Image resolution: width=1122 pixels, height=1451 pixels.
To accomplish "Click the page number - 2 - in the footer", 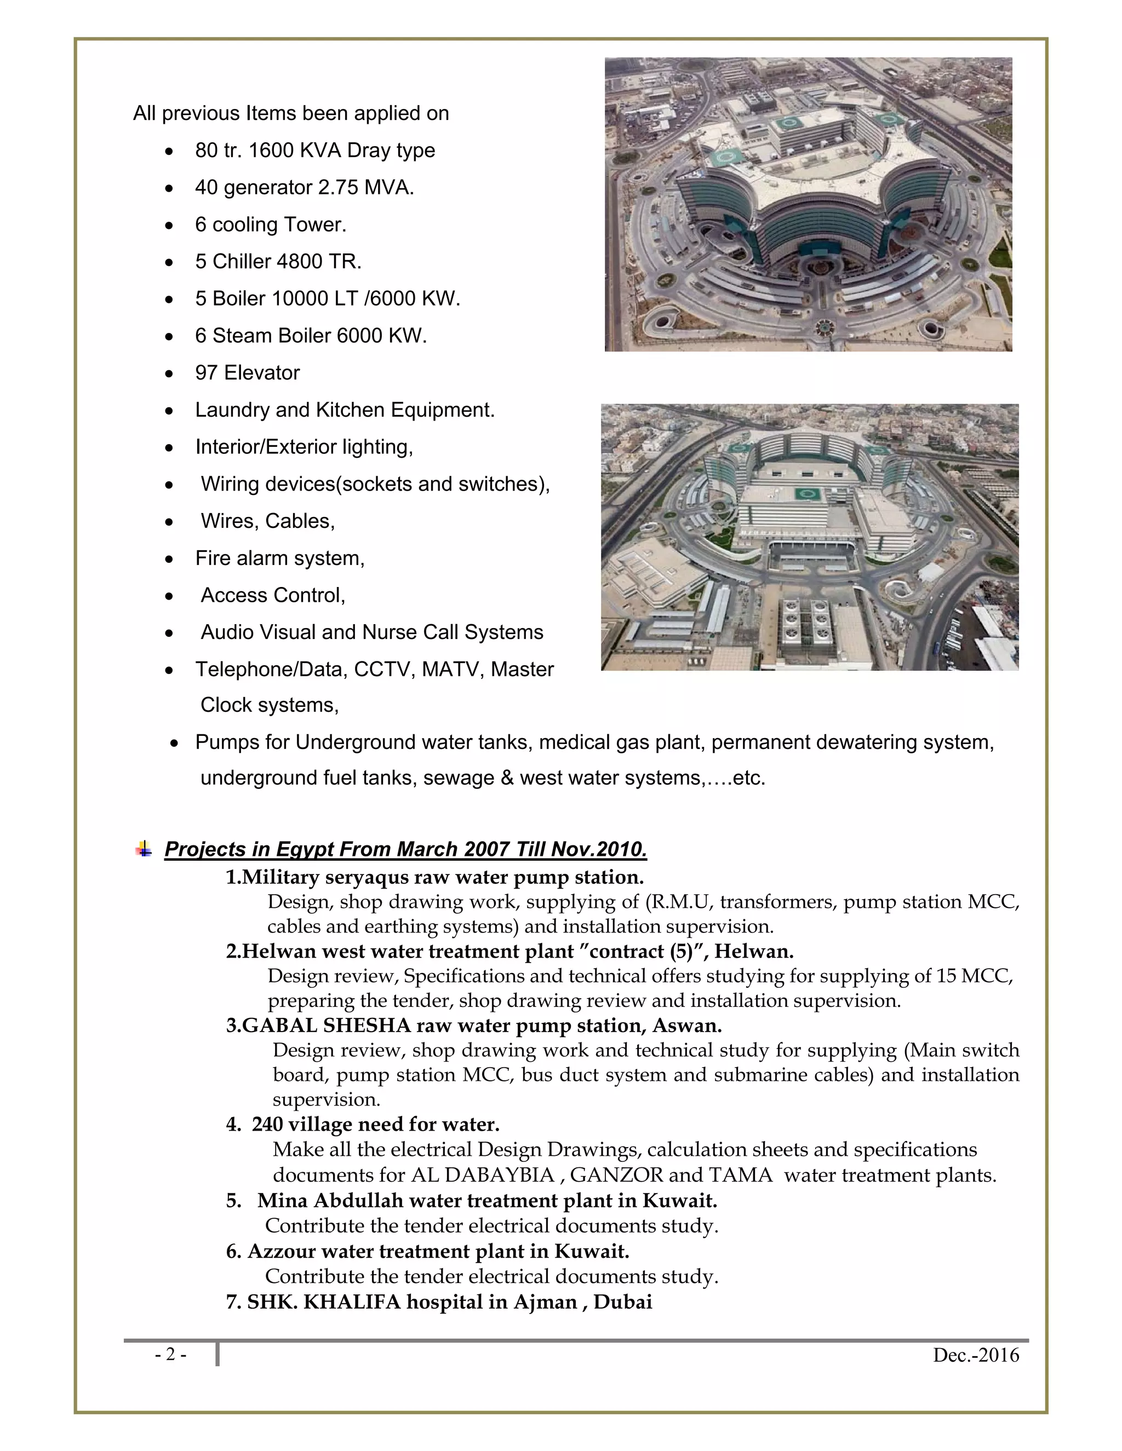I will coord(171,1354).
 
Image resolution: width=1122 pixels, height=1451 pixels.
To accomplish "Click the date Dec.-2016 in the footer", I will coord(975,1355).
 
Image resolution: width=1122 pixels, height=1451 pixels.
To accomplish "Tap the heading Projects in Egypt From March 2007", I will coord(405,849).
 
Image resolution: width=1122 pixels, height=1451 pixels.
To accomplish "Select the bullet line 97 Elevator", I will coord(247,373).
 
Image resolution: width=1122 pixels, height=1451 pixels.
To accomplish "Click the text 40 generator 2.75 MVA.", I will coord(305,187).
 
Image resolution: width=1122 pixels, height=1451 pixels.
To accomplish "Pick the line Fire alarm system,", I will coord(280,558).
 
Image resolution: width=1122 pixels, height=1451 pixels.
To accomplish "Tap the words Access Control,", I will coord(273,595).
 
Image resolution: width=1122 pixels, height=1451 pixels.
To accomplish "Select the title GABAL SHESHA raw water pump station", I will coord(473,1025).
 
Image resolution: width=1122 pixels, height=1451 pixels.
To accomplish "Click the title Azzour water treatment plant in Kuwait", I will coord(427,1251).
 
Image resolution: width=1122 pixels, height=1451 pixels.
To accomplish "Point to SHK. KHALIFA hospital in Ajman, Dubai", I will coord(439,1302).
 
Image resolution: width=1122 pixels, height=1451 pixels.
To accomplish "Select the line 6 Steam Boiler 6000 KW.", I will coord(311,336).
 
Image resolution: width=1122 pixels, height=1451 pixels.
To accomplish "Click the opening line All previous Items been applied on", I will coord(290,113).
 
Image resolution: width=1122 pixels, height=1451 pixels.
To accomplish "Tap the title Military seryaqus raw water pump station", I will coord(434,877).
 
